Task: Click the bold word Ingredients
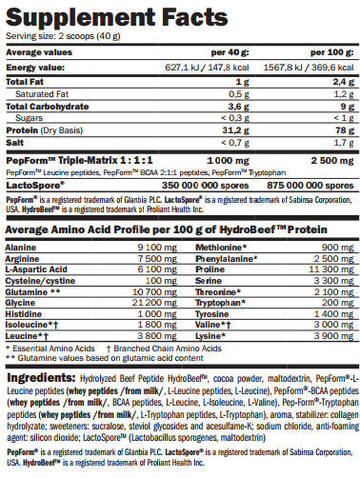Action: click(x=35, y=379)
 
